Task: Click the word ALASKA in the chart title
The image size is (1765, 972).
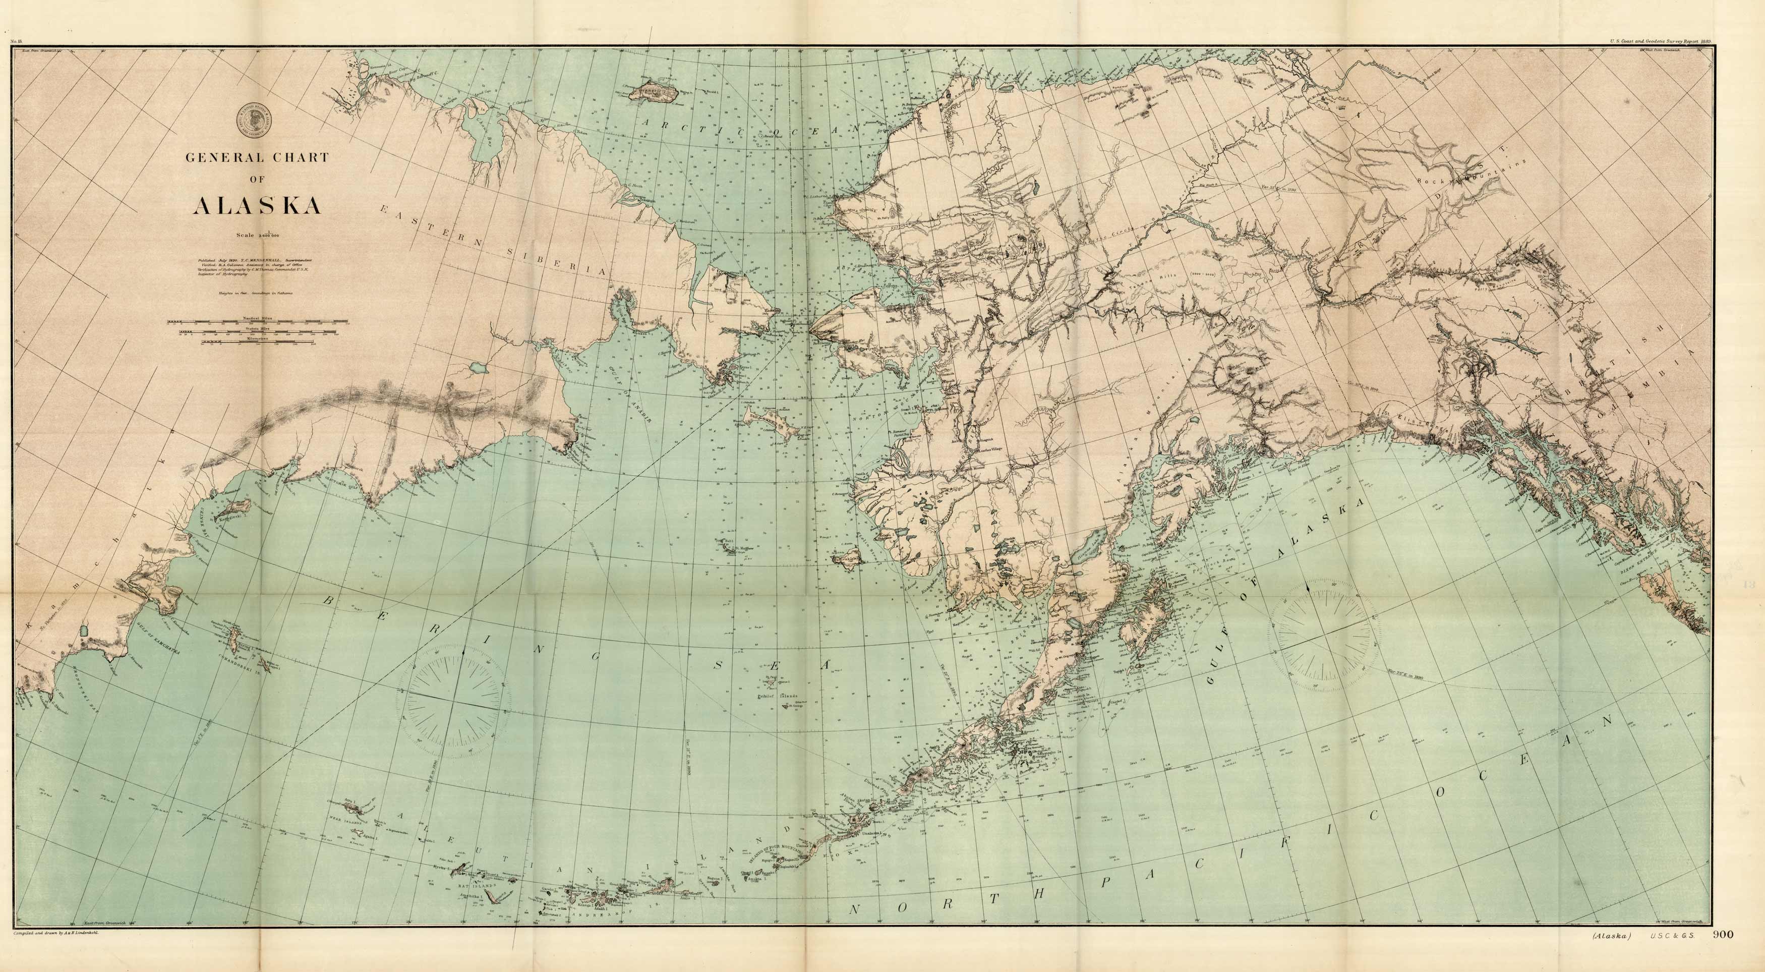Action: [x=258, y=206]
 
